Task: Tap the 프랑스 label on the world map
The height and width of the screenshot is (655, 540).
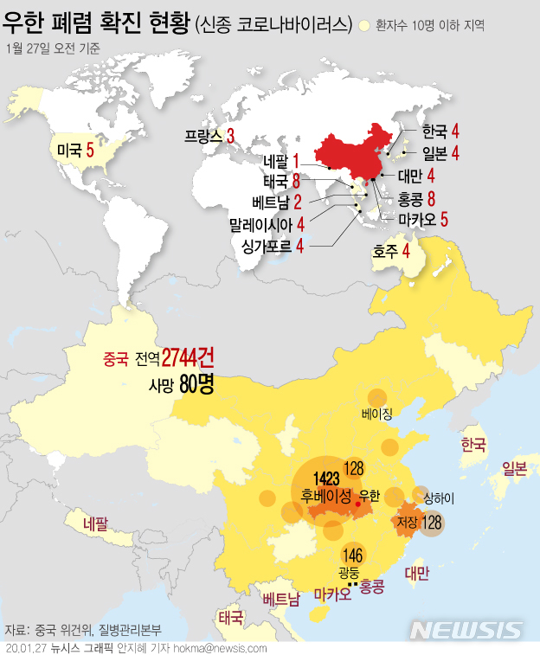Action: coord(203,136)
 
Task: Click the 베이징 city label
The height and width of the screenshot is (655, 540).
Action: coord(377,414)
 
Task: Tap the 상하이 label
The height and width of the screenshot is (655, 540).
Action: coord(438,498)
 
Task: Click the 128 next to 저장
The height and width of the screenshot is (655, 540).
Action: coord(432,523)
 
